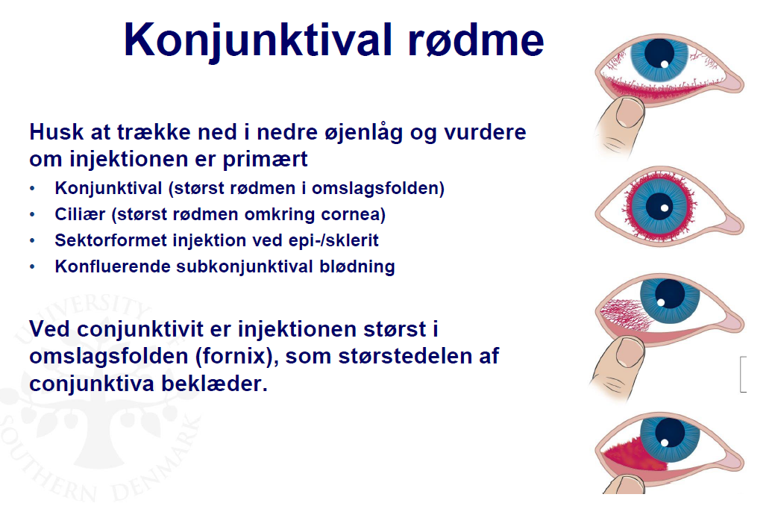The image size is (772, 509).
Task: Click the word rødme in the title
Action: [476, 40]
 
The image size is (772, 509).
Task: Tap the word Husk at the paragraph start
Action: [57, 132]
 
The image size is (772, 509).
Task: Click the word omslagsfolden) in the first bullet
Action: [378, 188]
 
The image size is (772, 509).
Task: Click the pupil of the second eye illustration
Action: [659, 206]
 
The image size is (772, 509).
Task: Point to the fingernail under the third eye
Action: [630, 352]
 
